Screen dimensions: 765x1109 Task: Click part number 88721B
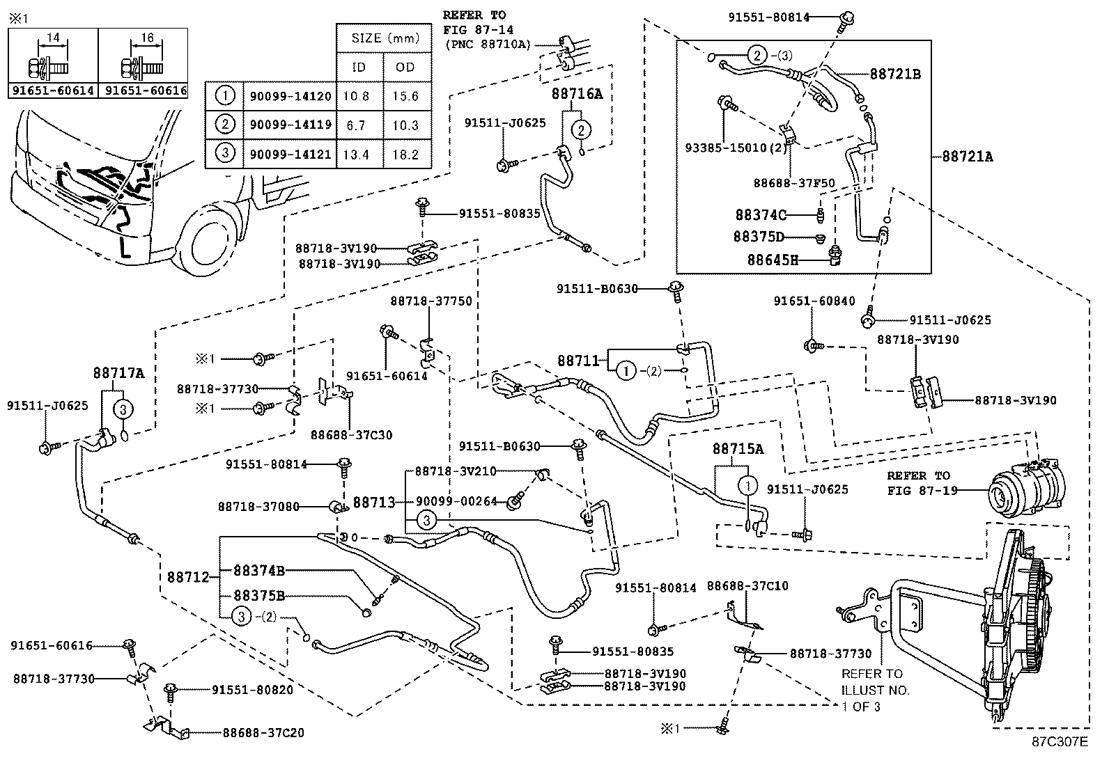tap(894, 74)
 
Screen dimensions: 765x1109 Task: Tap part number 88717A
tap(118, 373)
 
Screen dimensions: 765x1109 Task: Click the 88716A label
tap(577, 94)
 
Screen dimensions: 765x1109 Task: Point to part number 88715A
tap(738, 449)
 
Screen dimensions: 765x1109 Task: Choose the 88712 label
tap(188, 577)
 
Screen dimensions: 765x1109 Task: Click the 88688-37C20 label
tap(263, 733)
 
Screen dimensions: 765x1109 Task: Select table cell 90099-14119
tap(288, 125)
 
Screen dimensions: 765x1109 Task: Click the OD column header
tap(405, 67)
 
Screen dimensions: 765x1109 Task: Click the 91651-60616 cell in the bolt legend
tap(146, 90)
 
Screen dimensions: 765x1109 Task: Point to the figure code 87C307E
tap(1060, 741)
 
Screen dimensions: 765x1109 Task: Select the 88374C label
tap(761, 214)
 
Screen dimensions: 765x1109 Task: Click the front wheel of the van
tap(209, 243)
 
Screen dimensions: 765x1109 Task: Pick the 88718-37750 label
tap(431, 301)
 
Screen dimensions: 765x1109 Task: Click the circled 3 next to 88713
tap(426, 519)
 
